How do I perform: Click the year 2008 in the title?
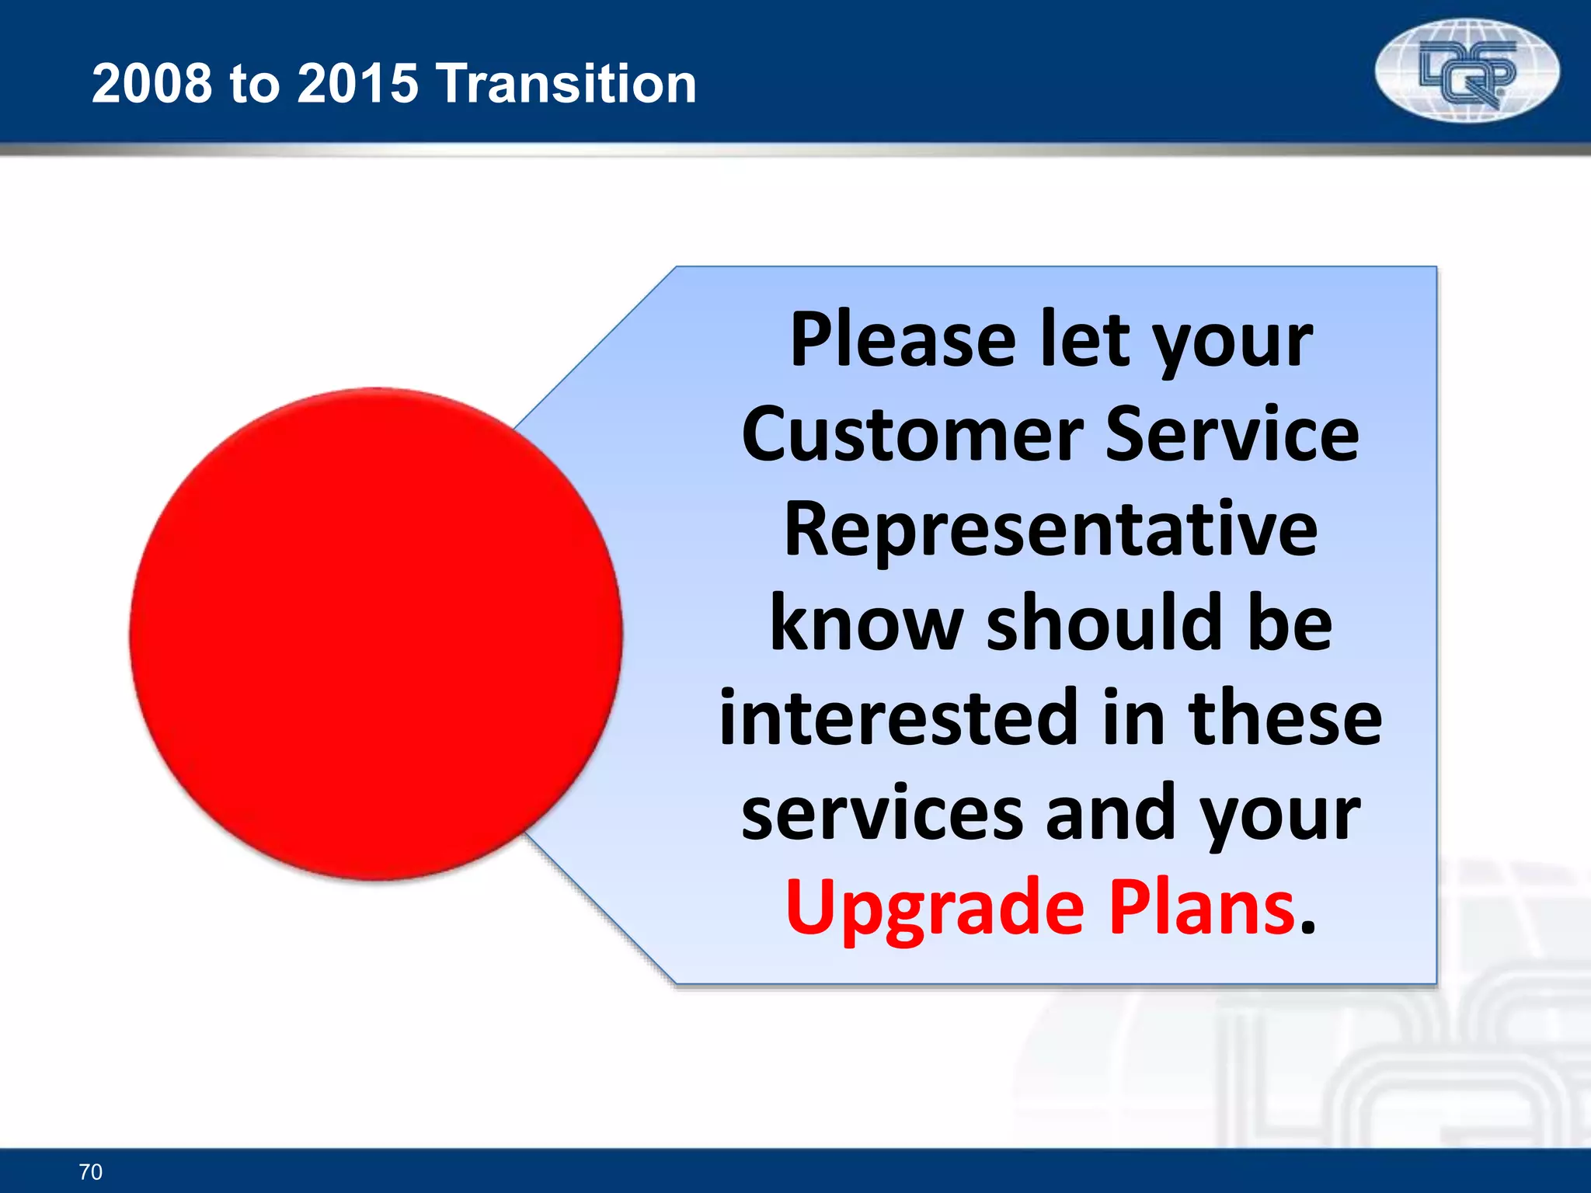click(x=151, y=83)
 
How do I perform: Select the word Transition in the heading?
click(x=567, y=83)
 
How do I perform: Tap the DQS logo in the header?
click(x=1467, y=71)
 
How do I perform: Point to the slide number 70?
click(x=91, y=1171)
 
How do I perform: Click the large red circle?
click(x=376, y=634)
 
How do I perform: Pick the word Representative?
click(x=1050, y=531)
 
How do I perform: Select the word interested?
click(x=900, y=718)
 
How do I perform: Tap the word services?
click(x=883, y=814)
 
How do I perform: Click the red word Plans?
click(x=1201, y=907)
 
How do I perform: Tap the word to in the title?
click(x=254, y=83)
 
